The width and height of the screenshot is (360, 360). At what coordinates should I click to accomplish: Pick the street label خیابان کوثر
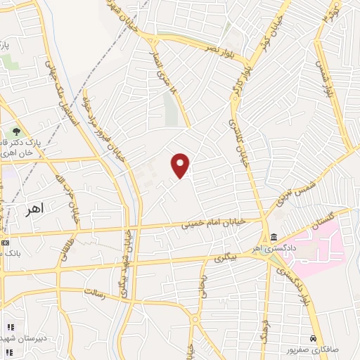(x=274, y=25)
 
